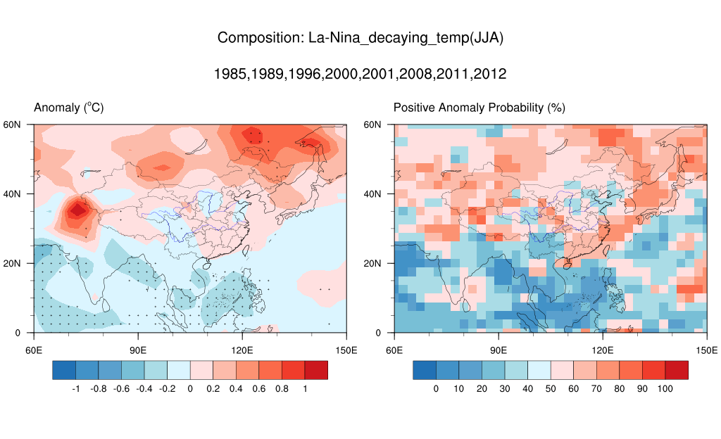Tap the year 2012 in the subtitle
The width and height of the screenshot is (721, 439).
pos(489,74)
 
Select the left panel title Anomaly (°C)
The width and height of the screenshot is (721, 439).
pos(69,108)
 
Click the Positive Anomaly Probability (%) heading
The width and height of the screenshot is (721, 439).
pos(479,108)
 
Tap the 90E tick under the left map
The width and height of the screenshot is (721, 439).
pos(138,350)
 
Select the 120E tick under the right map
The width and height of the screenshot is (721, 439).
pos(603,350)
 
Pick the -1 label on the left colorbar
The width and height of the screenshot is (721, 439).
pos(76,388)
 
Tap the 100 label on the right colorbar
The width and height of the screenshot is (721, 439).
pos(665,388)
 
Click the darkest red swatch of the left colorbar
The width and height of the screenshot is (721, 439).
pos(316,370)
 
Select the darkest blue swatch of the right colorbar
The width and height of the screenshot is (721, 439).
pos(425,370)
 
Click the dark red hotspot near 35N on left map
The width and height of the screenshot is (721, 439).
pos(77,209)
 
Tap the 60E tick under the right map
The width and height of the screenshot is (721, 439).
pos(394,350)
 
